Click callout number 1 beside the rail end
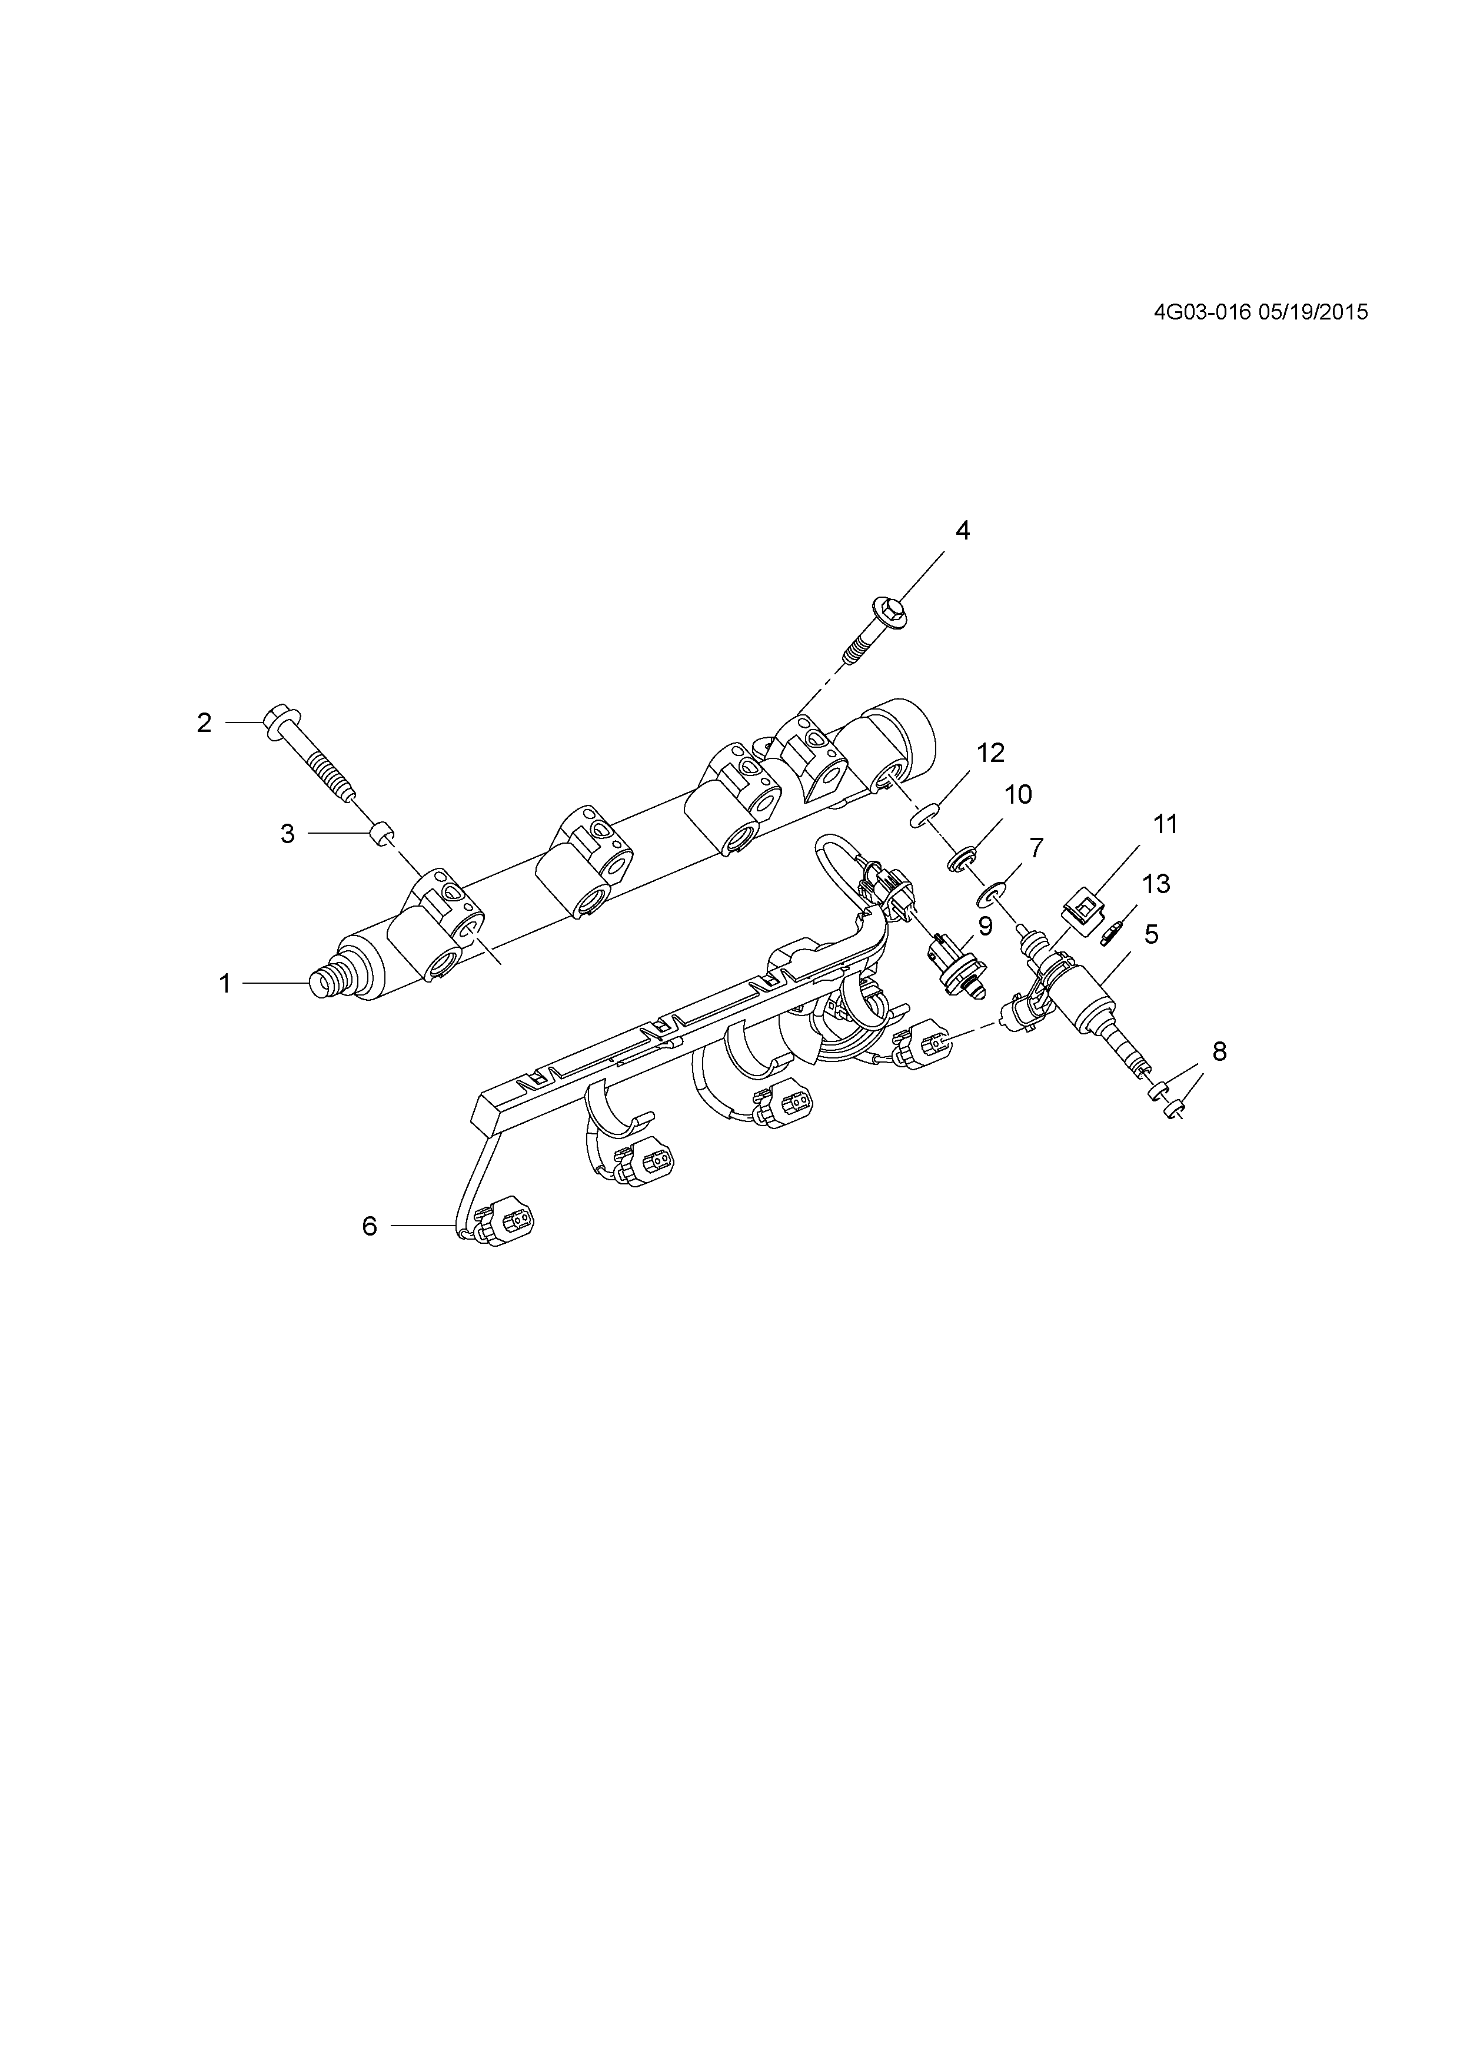(225, 984)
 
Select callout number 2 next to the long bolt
(204, 722)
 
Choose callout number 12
(991, 753)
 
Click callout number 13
(1156, 884)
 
